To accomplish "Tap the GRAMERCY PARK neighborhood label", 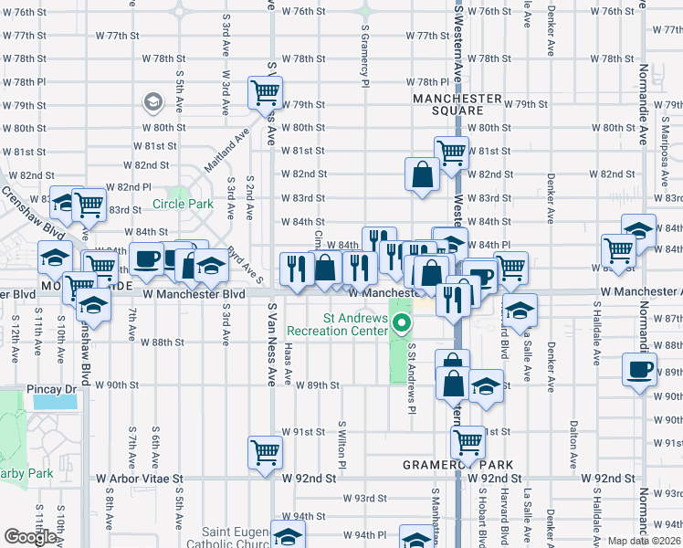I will pyautogui.click(x=458, y=465).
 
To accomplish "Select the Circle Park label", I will pyautogui.click(x=183, y=204).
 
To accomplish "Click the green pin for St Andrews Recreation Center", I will pyautogui.click(x=401, y=322).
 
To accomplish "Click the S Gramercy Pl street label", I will pyautogui.click(x=364, y=55).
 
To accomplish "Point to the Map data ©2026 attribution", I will pyautogui.click(x=645, y=541).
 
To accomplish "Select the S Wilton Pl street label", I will pyautogui.click(x=342, y=445).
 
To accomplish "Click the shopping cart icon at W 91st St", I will pyautogui.click(x=468, y=443).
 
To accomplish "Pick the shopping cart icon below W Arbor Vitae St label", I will pyautogui.click(x=265, y=452).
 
